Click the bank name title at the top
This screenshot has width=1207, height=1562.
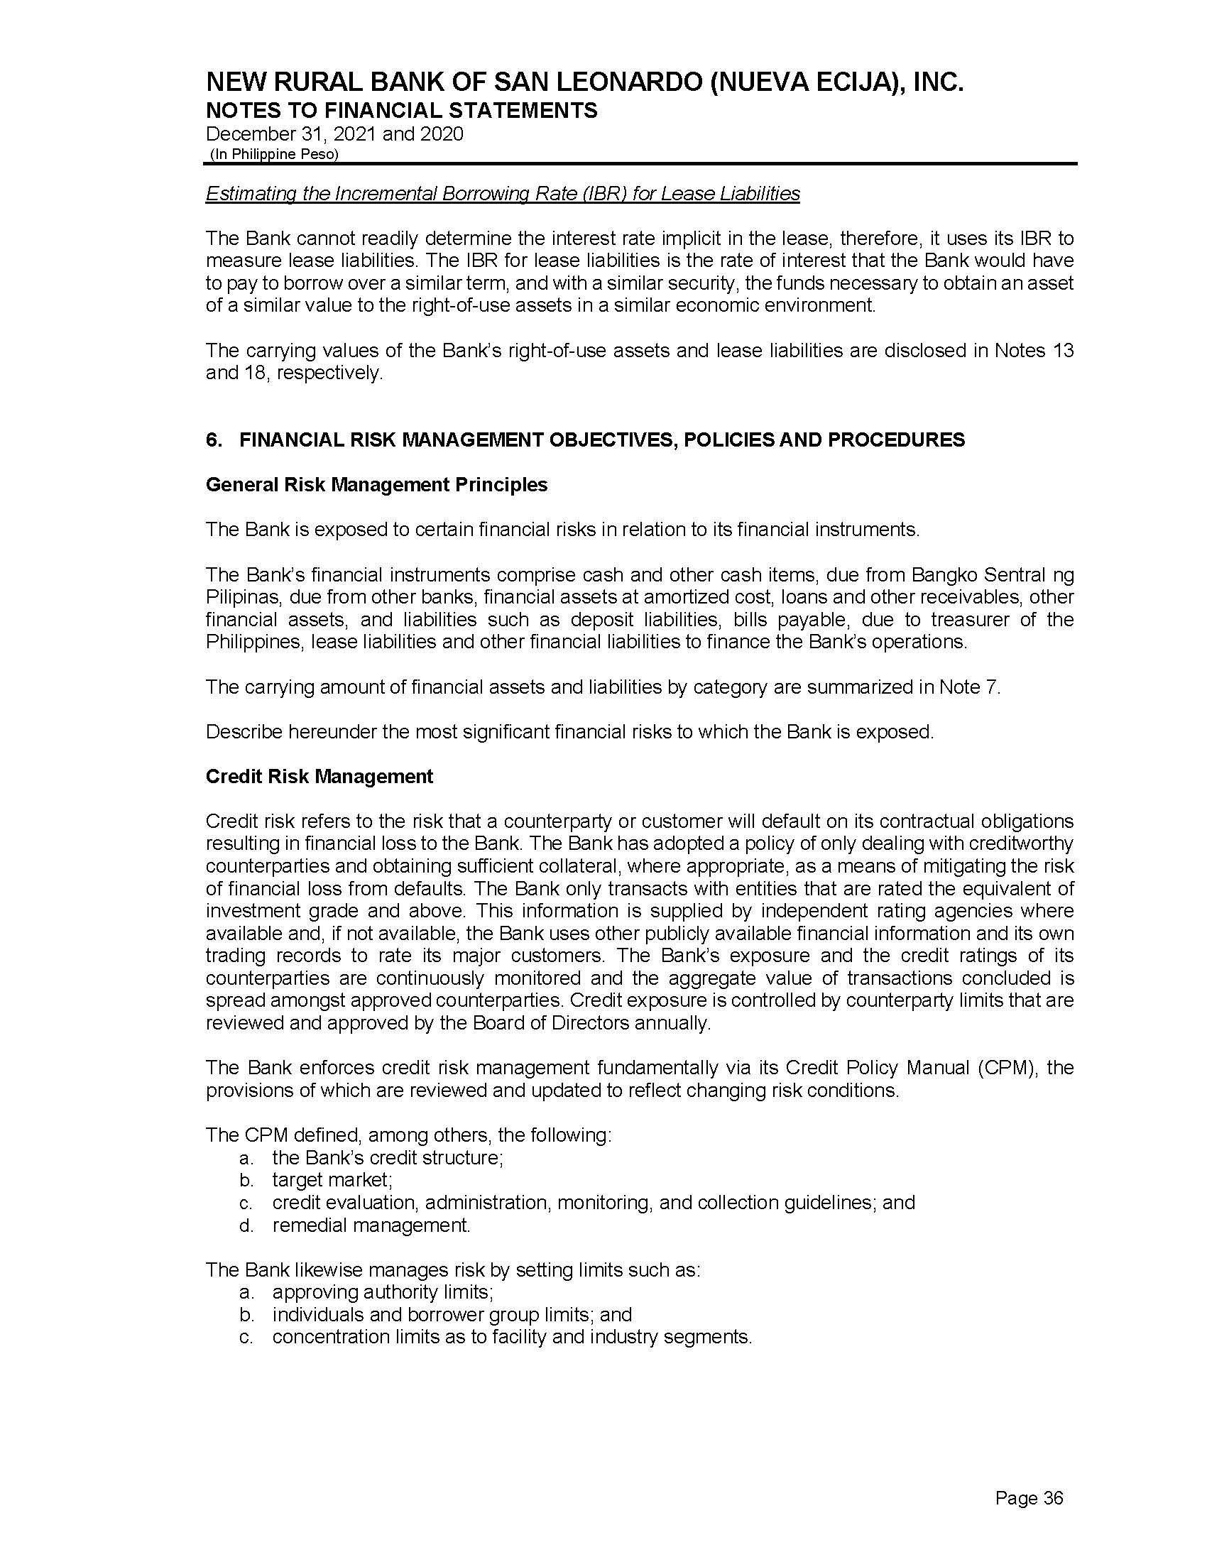[x=584, y=84]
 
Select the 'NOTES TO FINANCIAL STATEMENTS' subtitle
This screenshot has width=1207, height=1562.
[x=401, y=111]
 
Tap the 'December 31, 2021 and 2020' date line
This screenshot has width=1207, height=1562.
[x=334, y=134]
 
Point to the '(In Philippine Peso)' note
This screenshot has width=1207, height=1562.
[x=274, y=155]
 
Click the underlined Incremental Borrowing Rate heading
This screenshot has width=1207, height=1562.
[x=502, y=194]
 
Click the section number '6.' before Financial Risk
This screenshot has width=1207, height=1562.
[x=213, y=440]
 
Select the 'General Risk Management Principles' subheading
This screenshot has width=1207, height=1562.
[x=376, y=485]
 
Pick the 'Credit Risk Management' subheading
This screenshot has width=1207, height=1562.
[x=319, y=777]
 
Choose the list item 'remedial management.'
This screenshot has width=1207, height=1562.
[x=371, y=1225]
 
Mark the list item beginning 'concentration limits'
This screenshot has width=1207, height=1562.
[x=512, y=1337]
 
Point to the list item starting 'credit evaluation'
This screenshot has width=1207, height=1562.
[x=593, y=1202]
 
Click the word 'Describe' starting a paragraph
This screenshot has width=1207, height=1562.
[x=238, y=733]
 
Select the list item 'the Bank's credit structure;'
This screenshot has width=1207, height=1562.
[x=388, y=1157]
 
